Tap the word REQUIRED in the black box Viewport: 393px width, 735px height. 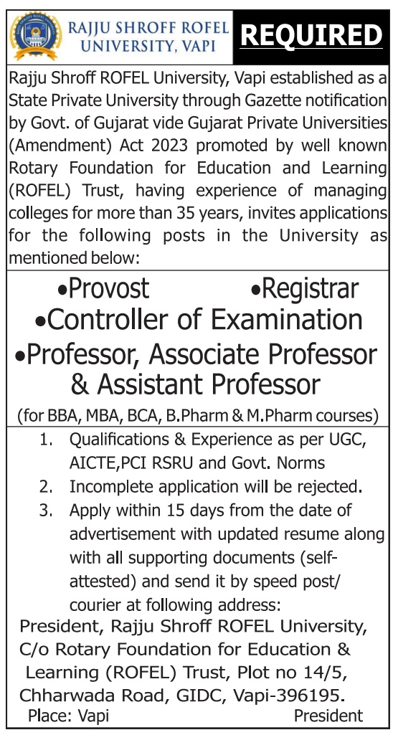[x=311, y=34]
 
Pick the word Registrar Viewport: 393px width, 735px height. [x=311, y=288]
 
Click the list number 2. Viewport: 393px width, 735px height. [x=46, y=487]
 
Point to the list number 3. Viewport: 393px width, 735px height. [x=46, y=511]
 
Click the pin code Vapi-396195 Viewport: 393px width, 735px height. [x=290, y=695]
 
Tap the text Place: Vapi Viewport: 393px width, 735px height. [x=64, y=716]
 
